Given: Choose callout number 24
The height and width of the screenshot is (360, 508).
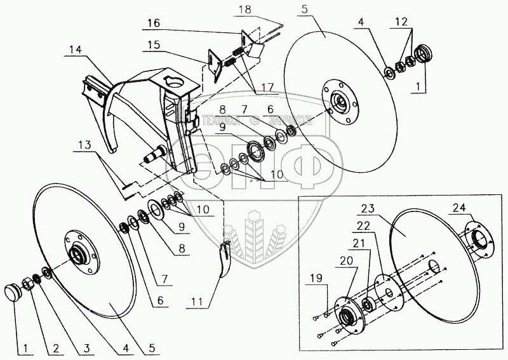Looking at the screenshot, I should tap(458, 206).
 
